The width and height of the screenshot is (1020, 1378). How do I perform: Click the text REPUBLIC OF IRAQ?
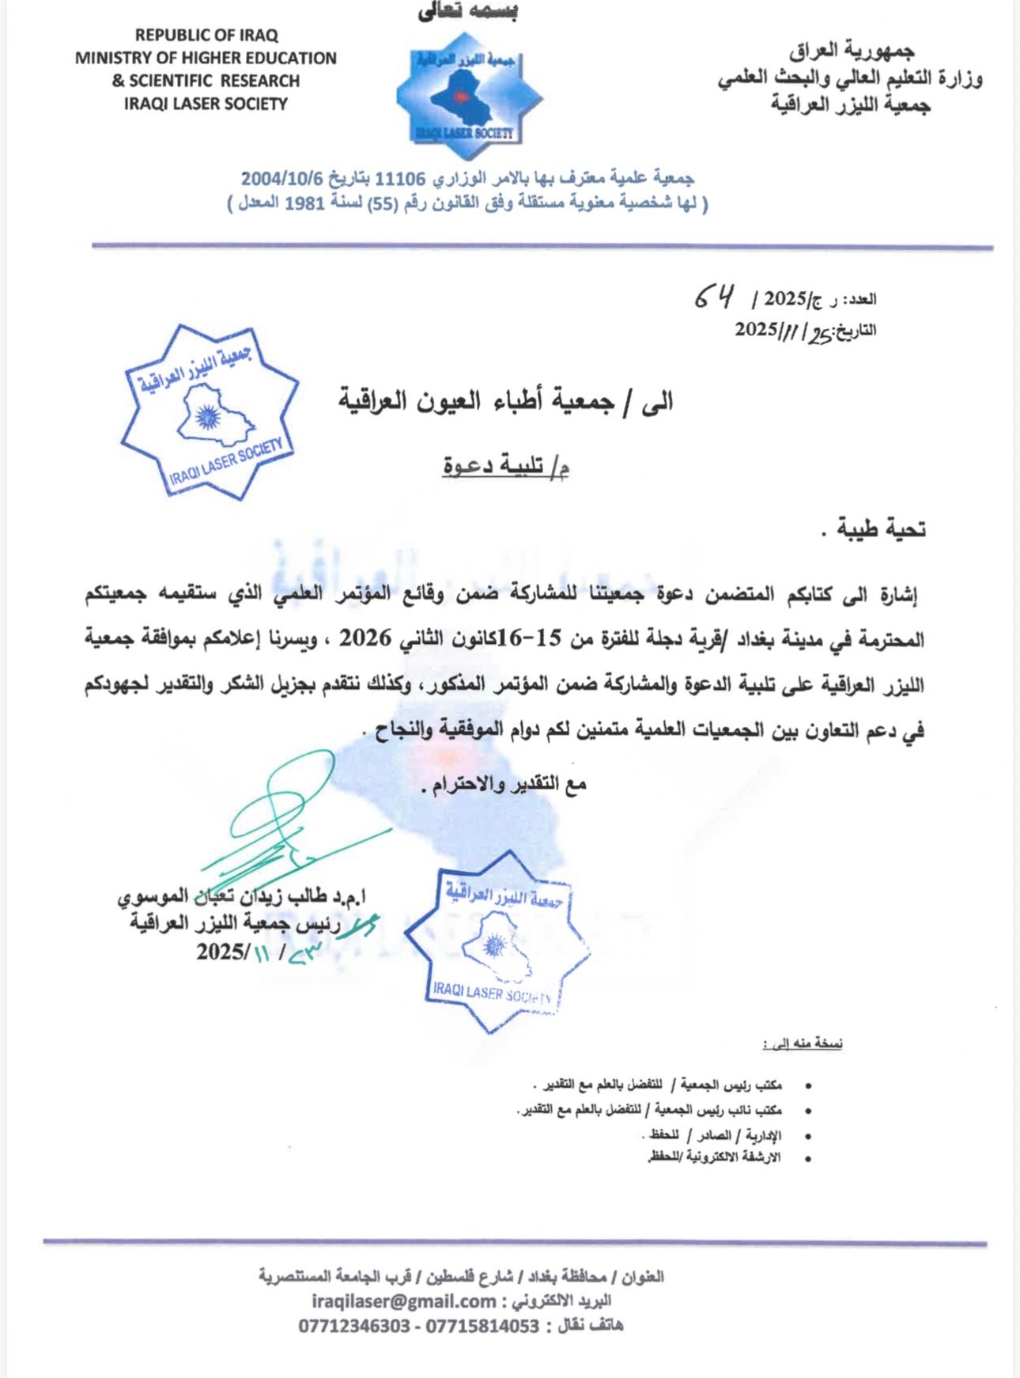pyautogui.click(x=206, y=36)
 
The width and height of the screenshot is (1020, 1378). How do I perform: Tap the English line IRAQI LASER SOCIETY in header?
pyautogui.click(x=206, y=104)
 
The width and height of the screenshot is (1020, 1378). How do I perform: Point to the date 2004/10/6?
pyautogui.click(x=283, y=179)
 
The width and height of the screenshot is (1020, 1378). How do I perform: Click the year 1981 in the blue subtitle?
pyautogui.click(x=304, y=203)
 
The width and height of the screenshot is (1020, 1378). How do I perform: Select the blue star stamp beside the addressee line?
pyautogui.click(x=210, y=412)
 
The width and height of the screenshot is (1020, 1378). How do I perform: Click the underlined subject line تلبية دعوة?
pyautogui.click(x=506, y=467)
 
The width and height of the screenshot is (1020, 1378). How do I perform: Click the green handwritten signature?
pyautogui.click(x=285, y=823)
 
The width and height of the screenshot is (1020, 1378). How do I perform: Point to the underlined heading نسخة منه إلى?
pyautogui.click(x=803, y=1044)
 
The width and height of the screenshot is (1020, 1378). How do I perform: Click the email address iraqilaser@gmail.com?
pyautogui.click(x=404, y=1301)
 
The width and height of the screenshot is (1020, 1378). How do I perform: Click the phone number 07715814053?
pyautogui.click(x=482, y=1327)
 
